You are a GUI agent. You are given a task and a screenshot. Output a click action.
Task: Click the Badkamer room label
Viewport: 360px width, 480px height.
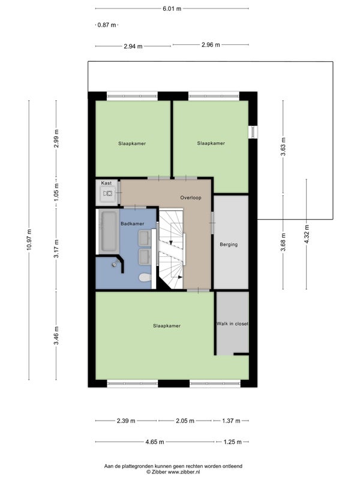click(132, 224)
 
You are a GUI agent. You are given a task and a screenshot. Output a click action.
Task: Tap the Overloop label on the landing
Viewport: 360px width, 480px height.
click(191, 198)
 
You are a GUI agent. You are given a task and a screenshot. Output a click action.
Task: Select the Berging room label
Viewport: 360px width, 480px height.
click(229, 245)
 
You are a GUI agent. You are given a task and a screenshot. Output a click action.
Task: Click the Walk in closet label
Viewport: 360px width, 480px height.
click(232, 323)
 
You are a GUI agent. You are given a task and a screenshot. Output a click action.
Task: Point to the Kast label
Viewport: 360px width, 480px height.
click(106, 183)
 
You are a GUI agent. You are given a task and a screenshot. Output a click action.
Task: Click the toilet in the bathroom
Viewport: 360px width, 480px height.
click(145, 278)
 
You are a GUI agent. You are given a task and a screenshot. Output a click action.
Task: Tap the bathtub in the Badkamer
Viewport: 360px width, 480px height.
click(109, 231)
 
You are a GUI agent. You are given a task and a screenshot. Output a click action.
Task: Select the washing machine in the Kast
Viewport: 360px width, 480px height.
click(108, 193)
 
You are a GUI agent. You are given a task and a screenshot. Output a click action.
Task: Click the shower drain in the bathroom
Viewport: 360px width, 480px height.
click(115, 265)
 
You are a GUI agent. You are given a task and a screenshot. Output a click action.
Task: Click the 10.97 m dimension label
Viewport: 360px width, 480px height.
click(29, 239)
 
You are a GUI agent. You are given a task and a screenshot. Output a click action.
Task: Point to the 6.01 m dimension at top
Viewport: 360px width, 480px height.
click(172, 8)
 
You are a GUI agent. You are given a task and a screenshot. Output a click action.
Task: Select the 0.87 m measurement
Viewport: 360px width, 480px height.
click(107, 25)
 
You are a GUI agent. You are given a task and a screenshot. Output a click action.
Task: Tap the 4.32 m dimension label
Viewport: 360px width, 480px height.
click(307, 234)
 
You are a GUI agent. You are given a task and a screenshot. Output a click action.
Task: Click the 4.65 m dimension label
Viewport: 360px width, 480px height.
click(155, 442)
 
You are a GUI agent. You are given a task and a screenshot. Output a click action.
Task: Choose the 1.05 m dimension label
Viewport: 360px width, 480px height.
click(56, 193)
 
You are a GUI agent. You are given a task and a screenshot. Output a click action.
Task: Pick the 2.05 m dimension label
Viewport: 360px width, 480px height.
click(185, 421)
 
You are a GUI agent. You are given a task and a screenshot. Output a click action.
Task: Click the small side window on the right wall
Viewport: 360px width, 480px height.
click(253, 132)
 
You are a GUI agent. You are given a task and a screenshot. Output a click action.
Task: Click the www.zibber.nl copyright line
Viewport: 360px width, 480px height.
click(173, 472)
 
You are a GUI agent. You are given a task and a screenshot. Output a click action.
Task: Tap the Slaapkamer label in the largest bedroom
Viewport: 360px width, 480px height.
click(167, 326)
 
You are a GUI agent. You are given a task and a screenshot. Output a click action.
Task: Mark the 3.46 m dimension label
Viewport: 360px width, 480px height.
click(56, 335)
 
